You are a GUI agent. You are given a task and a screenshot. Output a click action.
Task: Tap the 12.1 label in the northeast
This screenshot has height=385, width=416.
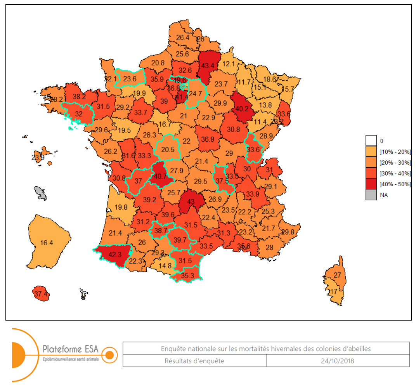[x=229, y=64]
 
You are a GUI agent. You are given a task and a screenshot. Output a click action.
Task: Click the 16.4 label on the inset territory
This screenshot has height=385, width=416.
[x=46, y=243]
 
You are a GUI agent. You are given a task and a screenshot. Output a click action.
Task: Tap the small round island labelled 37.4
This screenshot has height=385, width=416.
[x=41, y=294]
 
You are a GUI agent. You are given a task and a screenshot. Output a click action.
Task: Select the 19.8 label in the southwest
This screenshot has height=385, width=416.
[x=121, y=208]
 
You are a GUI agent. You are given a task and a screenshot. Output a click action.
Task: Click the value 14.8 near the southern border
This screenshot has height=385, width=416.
[x=165, y=266]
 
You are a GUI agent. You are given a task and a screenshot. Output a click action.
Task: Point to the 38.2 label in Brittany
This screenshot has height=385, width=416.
[x=79, y=97]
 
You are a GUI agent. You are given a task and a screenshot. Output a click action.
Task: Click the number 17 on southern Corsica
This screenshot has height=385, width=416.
[x=333, y=291]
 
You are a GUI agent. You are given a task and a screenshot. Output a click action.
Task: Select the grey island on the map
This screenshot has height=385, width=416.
[x=40, y=193]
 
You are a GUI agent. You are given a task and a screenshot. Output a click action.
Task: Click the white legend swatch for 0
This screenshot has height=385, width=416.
[x=371, y=141]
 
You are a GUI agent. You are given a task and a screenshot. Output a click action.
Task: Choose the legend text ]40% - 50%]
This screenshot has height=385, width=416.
[x=395, y=184]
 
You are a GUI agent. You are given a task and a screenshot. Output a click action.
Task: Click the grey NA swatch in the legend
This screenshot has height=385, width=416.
[x=371, y=195]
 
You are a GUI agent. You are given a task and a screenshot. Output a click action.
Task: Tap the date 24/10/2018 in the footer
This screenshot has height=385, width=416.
[x=337, y=361]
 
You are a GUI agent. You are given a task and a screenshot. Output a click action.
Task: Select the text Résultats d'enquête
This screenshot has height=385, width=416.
[x=194, y=361]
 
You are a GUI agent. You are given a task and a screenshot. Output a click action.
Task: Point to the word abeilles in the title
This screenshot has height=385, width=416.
[x=359, y=349]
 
